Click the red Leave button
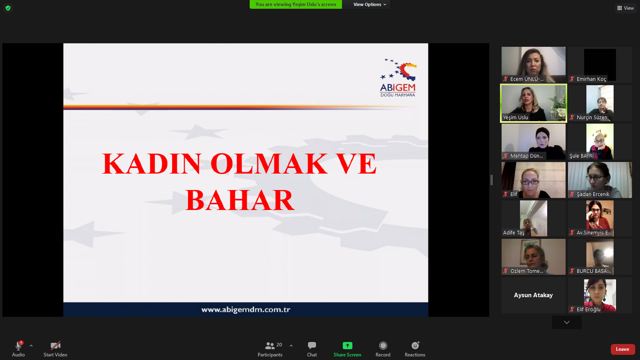[x=622, y=349]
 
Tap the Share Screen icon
[x=347, y=346]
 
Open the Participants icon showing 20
[x=270, y=346]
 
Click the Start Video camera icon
[x=56, y=346]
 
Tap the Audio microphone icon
[x=18, y=346]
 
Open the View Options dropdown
[x=370, y=4]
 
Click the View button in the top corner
[x=626, y=8]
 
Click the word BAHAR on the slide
[x=240, y=200]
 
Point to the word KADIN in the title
[x=152, y=164]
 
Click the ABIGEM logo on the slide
[x=398, y=78]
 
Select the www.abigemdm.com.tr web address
[x=246, y=310]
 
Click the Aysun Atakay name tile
[x=533, y=295]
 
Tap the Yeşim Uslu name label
[x=516, y=118]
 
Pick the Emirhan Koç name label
[x=591, y=79]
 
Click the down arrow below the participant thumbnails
[x=566, y=322]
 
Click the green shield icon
[x=8, y=8]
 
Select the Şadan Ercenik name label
[x=593, y=194]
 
